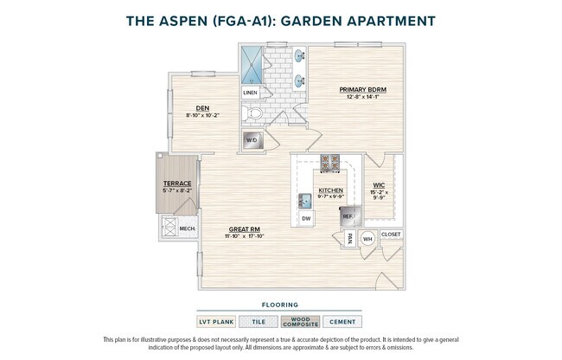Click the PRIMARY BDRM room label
tap(362, 89)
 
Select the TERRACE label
tap(176, 183)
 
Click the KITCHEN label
tap(331, 190)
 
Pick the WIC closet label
tap(380, 184)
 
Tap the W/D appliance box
tap(252, 139)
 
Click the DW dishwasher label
tap(305, 219)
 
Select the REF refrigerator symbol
tap(348, 215)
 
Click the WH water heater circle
tap(367, 238)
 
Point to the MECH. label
tap(187, 228)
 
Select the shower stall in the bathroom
tap(253, 63)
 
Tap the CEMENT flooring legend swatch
tap(342, 322)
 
